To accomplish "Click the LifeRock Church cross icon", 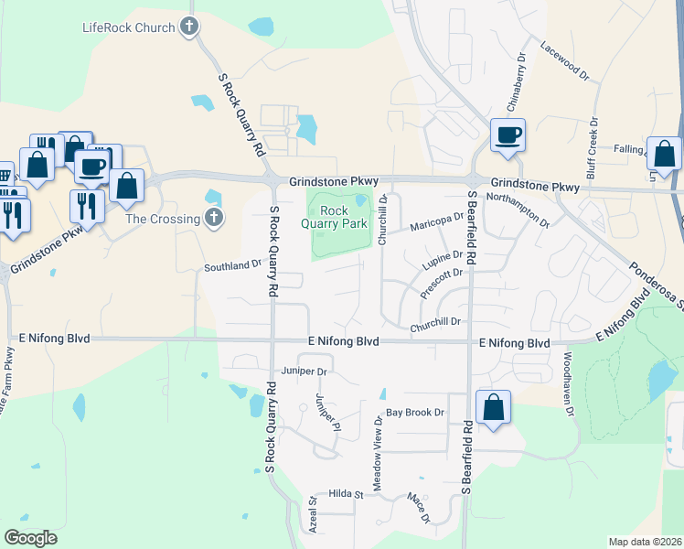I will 189,27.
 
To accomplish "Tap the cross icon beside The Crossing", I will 213,218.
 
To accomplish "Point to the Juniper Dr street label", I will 305,371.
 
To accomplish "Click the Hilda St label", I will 347,494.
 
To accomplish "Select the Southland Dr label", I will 232,266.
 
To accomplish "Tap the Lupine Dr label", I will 443,261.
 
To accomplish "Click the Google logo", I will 30,538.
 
